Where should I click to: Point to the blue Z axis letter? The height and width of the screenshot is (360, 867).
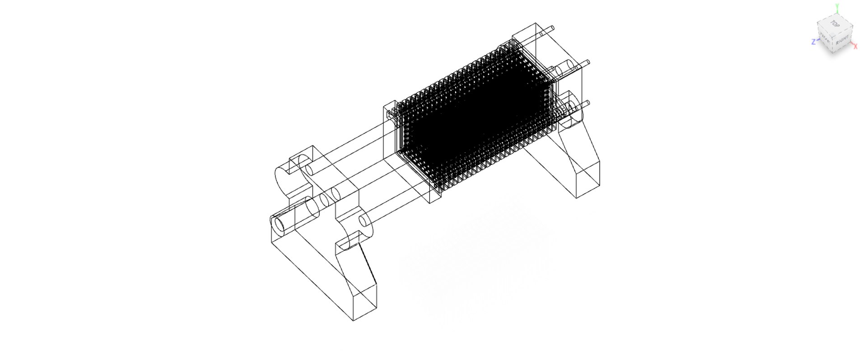pos(814,42)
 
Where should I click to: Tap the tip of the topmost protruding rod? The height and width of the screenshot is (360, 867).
pos(552,28)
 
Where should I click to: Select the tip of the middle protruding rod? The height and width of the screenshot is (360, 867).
pos(588,62)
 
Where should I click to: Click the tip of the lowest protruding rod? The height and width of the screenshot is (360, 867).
pos(587,103)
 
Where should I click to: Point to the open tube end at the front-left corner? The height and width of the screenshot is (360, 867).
pos(280,224)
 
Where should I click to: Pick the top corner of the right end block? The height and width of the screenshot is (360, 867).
pos(536,23)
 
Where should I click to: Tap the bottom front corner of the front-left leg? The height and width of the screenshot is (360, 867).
pos(353,320)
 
